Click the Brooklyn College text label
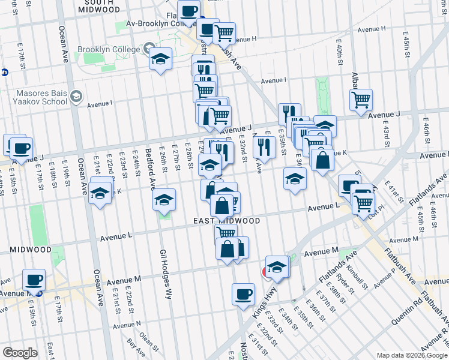pos(108,49)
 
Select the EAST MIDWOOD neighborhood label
pos(227,221)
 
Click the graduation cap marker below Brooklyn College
pos(161,59)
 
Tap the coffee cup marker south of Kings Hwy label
pos(243,294)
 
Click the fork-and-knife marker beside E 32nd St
pos(264,146)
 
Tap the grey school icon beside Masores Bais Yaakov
pos(76,97)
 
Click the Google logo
pos(20,353)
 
